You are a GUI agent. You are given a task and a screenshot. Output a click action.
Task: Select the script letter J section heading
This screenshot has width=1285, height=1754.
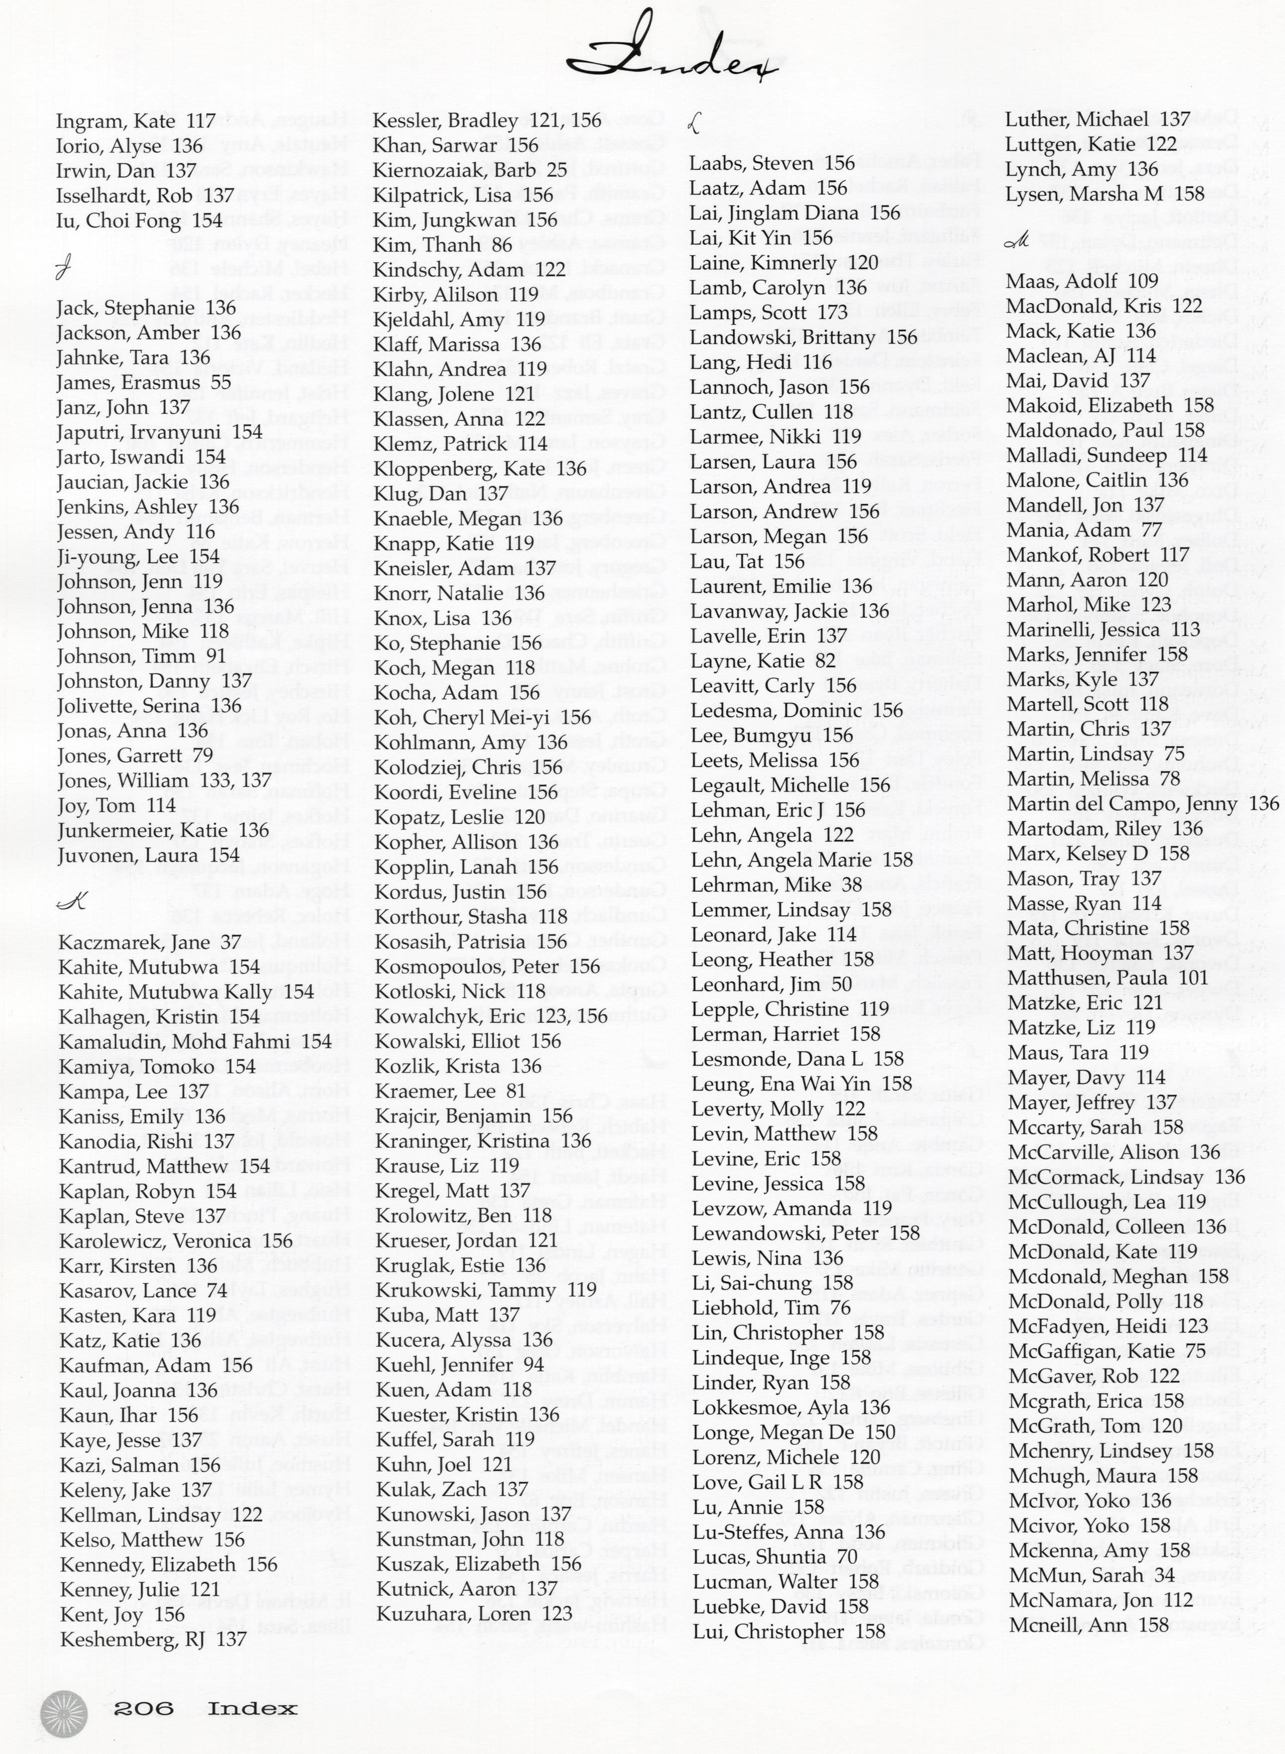point(64,271)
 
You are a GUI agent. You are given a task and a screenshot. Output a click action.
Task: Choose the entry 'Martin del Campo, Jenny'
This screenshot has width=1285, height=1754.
point(1142,804)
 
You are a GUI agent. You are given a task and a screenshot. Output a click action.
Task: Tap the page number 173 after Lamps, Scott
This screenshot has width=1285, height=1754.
point(832,313)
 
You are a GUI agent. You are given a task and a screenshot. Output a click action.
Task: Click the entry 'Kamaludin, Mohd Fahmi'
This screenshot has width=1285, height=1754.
point(195,1042)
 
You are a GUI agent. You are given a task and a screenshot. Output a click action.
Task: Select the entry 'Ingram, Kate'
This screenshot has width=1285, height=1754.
point(135,121)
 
